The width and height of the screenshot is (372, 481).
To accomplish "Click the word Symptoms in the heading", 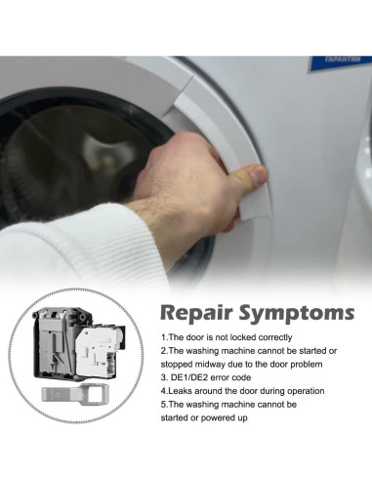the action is click(297, 313).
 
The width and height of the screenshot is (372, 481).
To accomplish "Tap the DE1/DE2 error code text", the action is click(211, 377).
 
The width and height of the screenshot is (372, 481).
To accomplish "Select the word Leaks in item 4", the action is click(178, 391).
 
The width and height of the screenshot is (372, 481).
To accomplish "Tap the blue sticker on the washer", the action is click(341, 63).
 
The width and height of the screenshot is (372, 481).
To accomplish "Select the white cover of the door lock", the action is click(98, 354).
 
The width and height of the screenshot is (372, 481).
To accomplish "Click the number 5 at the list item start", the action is click(163, 405).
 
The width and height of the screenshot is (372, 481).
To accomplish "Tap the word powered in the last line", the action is click(216, 417).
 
